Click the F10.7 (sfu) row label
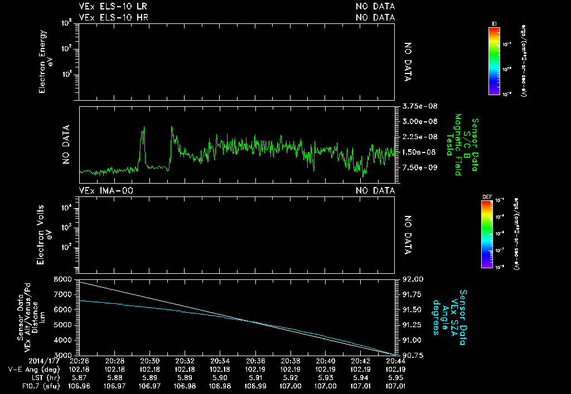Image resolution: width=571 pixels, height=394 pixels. point(35,386)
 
